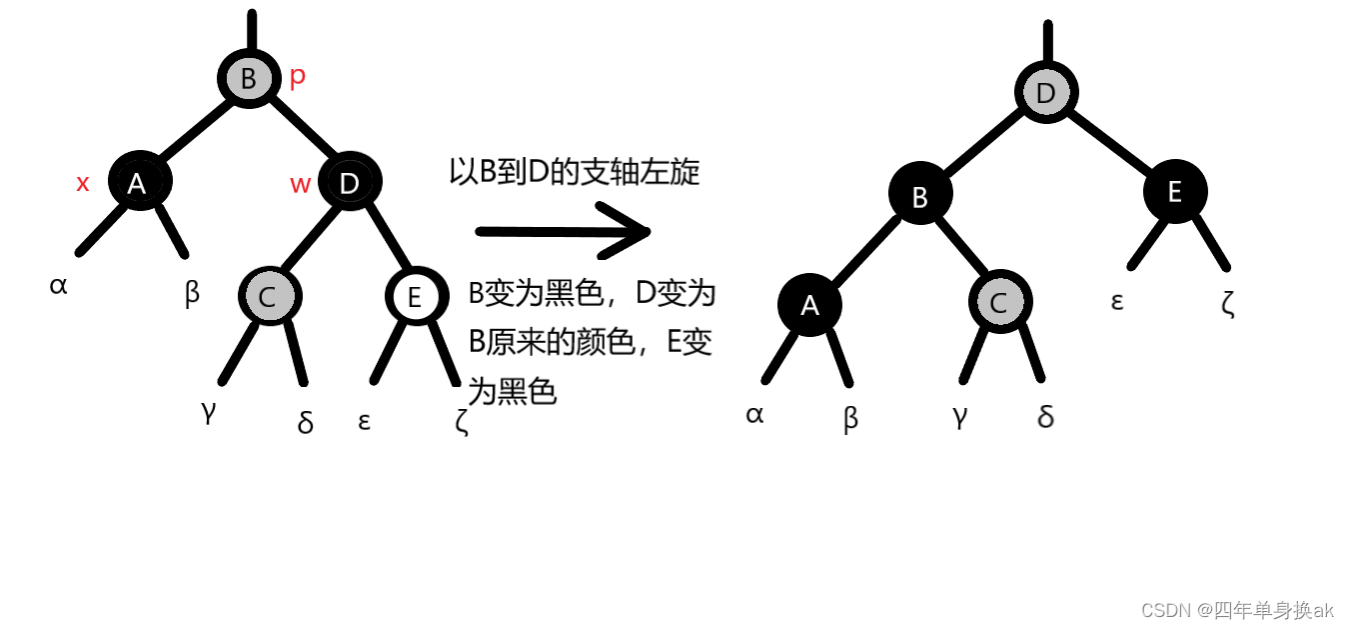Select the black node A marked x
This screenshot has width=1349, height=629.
point(138,182)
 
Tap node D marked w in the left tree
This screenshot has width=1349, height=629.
point(349,182)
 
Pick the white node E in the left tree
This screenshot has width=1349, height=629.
point(415,296)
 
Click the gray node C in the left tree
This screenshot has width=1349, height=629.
point(268,296)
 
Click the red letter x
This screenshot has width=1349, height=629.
point(83,183)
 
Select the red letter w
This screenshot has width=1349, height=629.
point(300,184)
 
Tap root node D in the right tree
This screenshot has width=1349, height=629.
point(1046,94)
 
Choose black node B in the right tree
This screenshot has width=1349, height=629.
point(920,196)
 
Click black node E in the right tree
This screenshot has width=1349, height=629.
point(1174,191)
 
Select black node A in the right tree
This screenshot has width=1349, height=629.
point(809,304)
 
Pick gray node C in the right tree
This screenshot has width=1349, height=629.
point(999,303)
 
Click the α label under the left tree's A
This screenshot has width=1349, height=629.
point(58,286)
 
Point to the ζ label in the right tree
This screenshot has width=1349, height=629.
point(1228,303)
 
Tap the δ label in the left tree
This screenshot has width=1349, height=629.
point(306,423)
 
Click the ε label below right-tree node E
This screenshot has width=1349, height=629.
point(1117,300)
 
